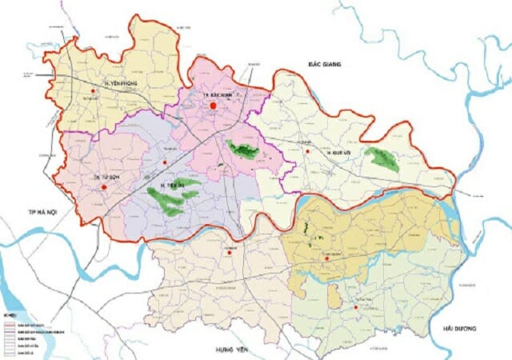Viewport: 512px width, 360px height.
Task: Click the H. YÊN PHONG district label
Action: point(122,83)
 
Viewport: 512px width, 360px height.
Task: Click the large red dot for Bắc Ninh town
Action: point(214,105)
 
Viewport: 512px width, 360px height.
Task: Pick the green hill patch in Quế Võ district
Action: point(381,158)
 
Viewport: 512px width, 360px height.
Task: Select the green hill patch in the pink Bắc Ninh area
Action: point(241,149)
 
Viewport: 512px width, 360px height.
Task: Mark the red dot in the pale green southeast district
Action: point(356,306)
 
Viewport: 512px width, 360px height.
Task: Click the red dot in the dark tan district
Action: point(326,258)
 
